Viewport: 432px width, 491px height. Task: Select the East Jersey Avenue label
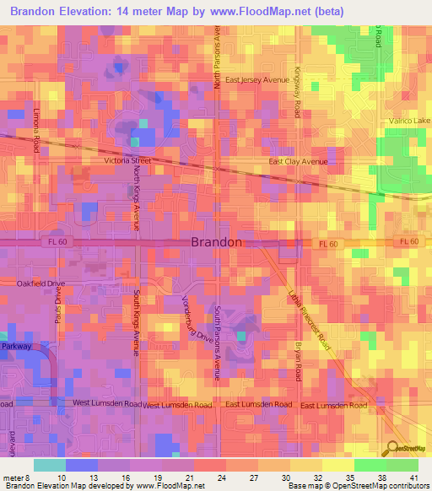[x=257, y=80]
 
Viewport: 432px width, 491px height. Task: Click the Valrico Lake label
[x=408, y=121]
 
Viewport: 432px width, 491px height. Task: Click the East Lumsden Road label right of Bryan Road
[x=333, y=406]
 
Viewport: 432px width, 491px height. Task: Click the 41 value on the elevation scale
[x=413, y=478]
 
